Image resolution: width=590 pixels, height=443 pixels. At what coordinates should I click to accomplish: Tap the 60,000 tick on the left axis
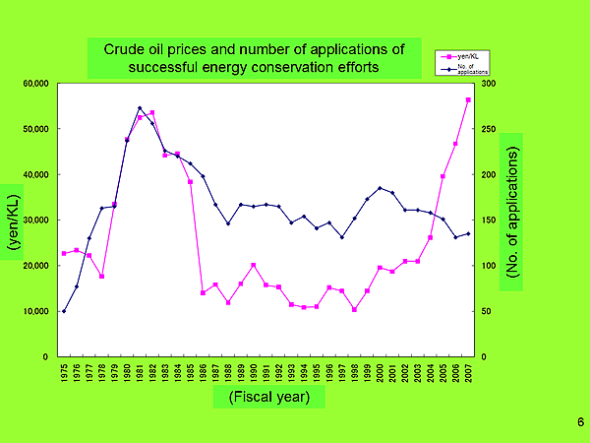[36, 84]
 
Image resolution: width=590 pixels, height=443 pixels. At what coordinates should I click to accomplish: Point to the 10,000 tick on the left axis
[36, 311]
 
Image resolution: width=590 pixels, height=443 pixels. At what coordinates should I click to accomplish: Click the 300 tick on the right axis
[488, 84]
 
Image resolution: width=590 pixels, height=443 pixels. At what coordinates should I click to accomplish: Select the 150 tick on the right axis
[488, 221]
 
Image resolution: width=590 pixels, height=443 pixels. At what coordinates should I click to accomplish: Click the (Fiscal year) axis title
[268, 397]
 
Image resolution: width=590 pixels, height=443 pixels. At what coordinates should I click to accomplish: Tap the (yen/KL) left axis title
[14, 220]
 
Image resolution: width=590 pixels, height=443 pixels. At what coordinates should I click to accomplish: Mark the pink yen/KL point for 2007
[468, 100]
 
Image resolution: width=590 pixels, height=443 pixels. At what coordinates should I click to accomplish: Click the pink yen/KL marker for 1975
[64, 253]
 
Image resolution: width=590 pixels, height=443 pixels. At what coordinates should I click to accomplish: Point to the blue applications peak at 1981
[140, 108]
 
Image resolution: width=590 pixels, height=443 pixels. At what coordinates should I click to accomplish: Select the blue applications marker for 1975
[64, 311]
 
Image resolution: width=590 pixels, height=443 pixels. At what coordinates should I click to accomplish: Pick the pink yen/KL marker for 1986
[203, 293]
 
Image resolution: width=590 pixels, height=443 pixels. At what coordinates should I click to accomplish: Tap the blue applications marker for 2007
[468, 233]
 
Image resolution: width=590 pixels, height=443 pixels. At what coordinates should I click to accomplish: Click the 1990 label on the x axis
[254, 375]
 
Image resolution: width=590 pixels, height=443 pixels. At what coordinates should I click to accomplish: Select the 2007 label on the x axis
[468, 375]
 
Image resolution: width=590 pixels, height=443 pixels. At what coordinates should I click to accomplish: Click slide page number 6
[580, 422]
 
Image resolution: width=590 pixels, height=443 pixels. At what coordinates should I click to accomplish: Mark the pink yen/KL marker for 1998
[354, 309]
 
